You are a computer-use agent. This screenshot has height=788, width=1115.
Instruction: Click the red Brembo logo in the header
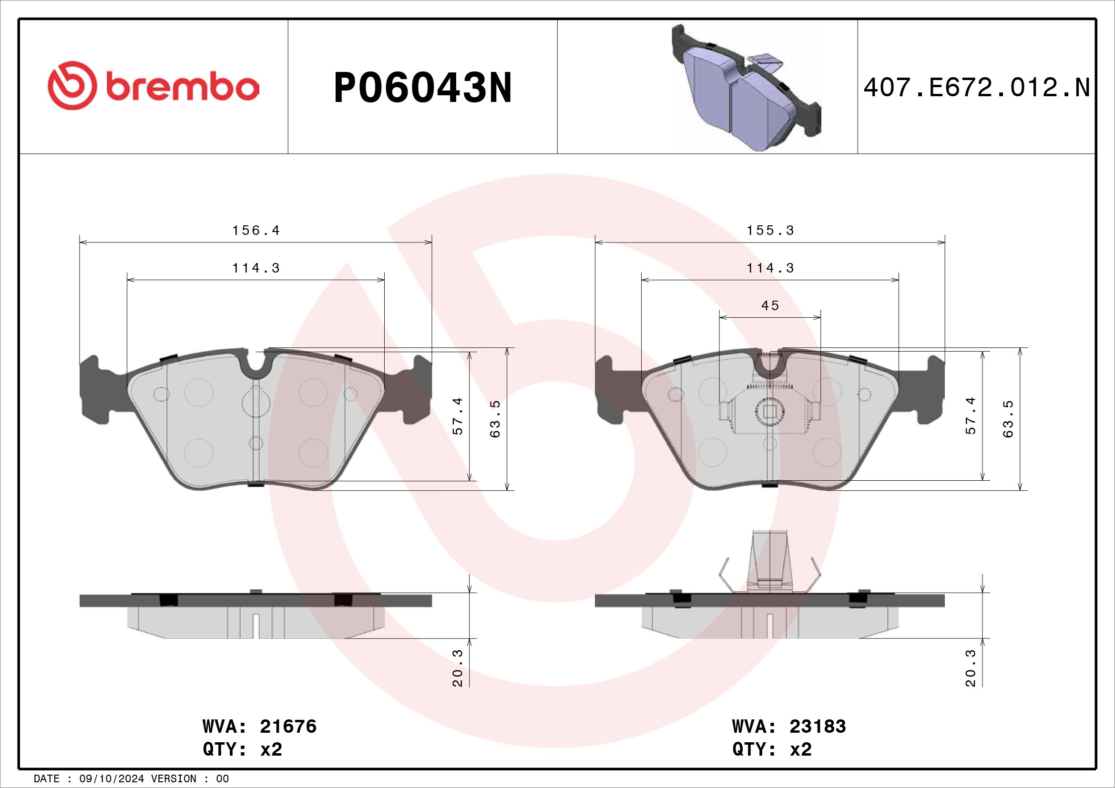pos(153,85)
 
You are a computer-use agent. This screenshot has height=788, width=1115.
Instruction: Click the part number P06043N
pos(422,88)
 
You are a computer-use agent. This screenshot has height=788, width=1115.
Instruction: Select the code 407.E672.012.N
pos(977,88)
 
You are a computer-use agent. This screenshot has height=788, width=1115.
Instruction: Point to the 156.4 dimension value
pos(256,230)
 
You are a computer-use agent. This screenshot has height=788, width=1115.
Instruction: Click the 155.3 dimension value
pos(770,230)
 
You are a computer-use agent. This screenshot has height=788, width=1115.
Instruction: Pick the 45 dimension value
pos(770,305)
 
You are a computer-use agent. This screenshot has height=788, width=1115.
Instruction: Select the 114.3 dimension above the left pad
pos(256,268)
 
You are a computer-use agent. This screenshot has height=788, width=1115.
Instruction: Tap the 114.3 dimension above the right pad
pos(770,268)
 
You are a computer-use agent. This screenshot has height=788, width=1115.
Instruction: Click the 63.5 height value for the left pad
pos(495,419)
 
